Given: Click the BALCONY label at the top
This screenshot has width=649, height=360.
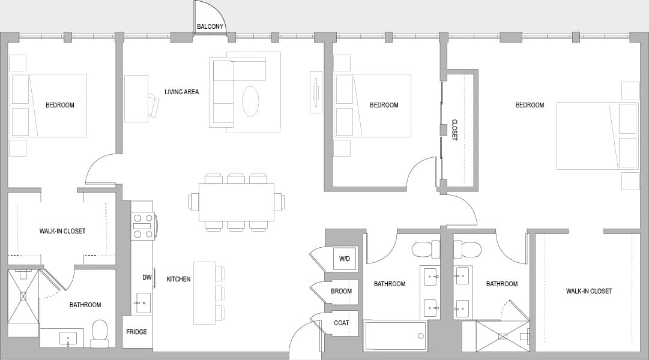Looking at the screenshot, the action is [210, 26].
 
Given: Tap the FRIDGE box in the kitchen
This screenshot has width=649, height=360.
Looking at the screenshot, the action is [137, 332].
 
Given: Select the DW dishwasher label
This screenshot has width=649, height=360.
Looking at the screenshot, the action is [147, 277].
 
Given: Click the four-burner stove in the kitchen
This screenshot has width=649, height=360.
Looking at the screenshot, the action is [143, 226].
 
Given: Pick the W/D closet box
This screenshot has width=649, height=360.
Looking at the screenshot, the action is [345, 259].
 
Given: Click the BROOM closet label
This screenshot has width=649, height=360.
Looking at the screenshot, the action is [341, 291].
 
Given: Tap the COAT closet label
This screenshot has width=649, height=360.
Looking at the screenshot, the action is [341, 323].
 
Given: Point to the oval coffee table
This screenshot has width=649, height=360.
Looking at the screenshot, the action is [250, 101].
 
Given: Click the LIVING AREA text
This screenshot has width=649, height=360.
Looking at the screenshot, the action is [181, 92].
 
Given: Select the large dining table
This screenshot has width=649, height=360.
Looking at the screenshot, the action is [236, 202].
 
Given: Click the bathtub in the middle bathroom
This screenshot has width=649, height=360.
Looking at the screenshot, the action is [395, 335].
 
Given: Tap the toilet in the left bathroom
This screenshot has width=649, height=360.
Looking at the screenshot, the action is [100, 333].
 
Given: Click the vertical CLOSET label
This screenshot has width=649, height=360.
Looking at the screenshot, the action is [454, 130].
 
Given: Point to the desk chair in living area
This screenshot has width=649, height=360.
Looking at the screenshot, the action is [154, 107].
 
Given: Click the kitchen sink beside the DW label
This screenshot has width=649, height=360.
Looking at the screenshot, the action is [143, 303].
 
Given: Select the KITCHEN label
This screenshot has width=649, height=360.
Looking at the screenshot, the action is [178, 279].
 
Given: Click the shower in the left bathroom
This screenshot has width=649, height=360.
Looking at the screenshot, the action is [23, 296].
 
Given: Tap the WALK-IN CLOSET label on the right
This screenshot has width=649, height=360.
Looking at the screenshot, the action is [589, 291].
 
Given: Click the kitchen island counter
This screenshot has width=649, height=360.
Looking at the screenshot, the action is [204, 292].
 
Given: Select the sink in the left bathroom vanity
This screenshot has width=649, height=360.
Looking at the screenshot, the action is [68, 338].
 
